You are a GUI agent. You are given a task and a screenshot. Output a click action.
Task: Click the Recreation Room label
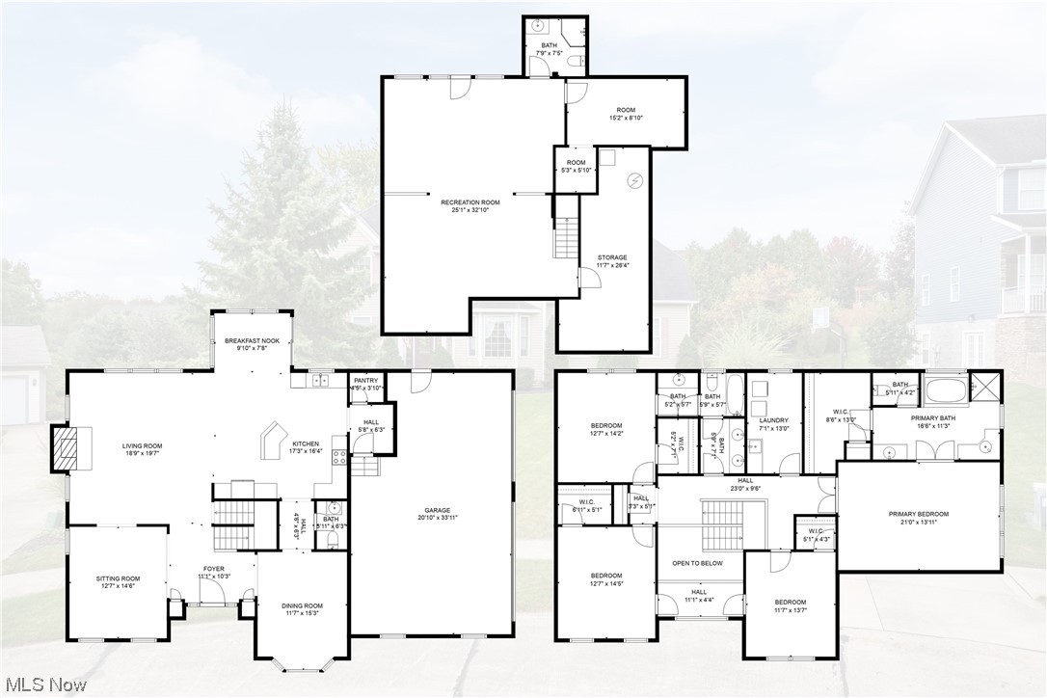point(469,202)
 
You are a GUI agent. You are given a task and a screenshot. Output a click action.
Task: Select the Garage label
point(438,511)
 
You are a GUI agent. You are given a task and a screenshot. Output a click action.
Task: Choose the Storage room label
point(611,257)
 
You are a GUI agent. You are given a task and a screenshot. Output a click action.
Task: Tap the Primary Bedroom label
point(918,514)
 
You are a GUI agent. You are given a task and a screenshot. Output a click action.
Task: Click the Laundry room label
point(773,420)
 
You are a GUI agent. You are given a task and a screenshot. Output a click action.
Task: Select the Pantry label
point(365,381)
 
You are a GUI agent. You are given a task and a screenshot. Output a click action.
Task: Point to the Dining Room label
point(302,605)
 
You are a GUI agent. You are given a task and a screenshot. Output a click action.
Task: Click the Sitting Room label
point(118,578)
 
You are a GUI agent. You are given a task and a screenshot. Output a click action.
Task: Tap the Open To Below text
point(698,563)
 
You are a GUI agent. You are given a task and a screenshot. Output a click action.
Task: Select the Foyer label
point(213,569)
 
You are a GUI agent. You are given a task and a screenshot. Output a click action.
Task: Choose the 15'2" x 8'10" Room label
point(625,110)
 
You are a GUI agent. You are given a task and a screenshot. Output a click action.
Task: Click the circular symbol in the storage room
point(634,179)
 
